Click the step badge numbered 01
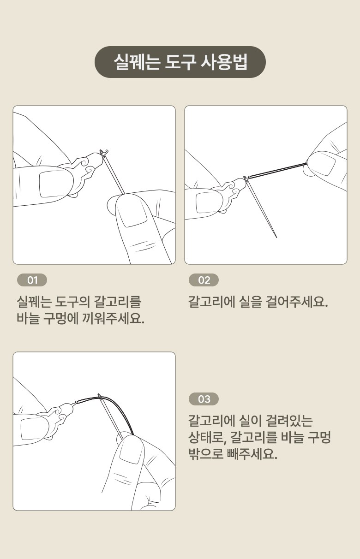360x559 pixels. (x=32, y=280)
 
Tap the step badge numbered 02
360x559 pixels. (x=204, y=280)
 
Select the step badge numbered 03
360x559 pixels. (x=204, y=399)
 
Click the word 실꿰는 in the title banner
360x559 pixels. (x=137, y=62)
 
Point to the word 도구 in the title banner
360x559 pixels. (x=180, y=62)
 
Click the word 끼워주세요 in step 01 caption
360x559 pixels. (x=113, y=318)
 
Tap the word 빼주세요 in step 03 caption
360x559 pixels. (x=252, y=454)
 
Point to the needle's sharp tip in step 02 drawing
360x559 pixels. (x=276, y=237)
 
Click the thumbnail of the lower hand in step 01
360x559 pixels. (x=132, y=214)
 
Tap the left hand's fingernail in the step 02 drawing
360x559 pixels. (x=206, y=203)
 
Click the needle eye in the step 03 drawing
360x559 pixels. (x=100, y=396)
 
